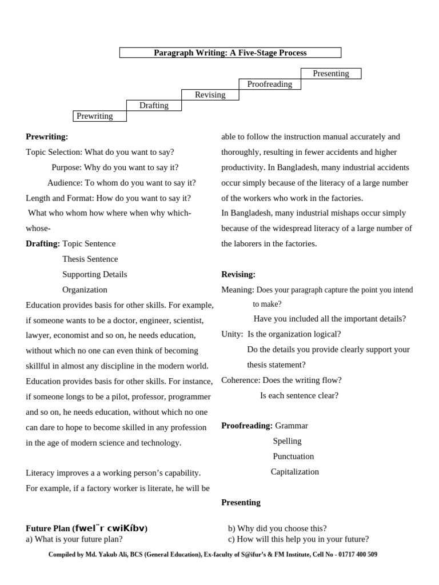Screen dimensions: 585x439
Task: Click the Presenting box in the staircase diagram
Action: point(331,73)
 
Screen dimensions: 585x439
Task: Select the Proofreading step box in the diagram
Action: point(269,84)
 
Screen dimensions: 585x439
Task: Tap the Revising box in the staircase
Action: point(210,95)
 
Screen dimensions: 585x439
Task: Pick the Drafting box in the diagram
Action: point(154,105)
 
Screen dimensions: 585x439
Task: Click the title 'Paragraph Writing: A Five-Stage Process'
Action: point(230,53)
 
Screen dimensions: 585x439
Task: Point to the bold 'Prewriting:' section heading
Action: point(47,137)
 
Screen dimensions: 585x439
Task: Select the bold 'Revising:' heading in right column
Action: point(238,274)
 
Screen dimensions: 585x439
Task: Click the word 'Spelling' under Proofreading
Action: point(287,441)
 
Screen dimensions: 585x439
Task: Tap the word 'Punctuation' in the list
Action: point(293,456)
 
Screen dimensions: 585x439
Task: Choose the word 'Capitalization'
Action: point(294,472)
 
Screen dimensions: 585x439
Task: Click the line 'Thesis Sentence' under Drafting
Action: point(90,259)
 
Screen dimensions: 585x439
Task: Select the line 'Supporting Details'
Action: point(94,274)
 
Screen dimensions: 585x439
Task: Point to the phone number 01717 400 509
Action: point(353,554)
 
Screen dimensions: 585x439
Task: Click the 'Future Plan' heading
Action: point(90,528)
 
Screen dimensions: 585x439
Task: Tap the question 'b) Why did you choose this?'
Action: point(277,528)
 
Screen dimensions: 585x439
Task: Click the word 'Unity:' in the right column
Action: point(232,334)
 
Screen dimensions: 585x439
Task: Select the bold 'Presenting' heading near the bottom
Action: point(241,502)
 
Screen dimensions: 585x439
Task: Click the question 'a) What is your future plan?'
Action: point(74,539)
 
